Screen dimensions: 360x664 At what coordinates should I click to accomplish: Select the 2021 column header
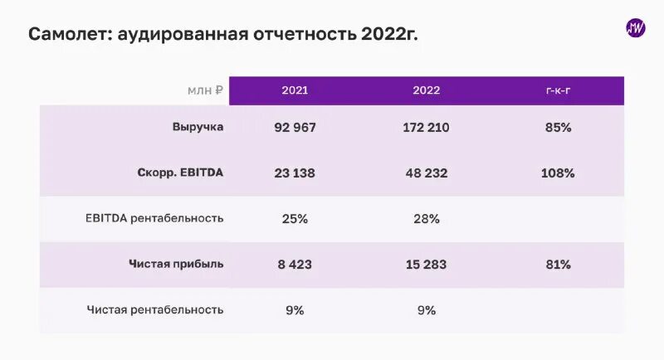tap(295, 90)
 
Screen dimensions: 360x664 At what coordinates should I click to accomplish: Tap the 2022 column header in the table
tap(426, 90)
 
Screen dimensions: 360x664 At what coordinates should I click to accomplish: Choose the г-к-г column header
tap(558, 90)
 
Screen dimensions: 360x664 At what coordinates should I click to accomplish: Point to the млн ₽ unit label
tap(204, 90)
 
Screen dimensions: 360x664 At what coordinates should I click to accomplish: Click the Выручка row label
tap(198, 128)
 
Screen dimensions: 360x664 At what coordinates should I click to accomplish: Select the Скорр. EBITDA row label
tap(180, 173)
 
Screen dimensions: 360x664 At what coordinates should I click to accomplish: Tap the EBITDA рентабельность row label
tap(154, 219)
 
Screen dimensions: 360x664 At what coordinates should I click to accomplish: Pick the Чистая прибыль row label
tap(176, 265)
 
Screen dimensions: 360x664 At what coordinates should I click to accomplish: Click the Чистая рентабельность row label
tap(155, 310)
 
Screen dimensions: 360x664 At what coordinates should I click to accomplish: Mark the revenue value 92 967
tap(295, 128)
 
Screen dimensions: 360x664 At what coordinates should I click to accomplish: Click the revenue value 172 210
tap(426, 128)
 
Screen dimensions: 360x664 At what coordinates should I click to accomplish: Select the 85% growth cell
tap(558, 128)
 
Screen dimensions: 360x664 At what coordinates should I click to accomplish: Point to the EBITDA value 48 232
tap(426, 173)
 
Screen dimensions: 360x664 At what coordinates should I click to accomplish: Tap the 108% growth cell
tap(558, 173)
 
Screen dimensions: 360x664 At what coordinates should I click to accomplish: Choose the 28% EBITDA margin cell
tap(426, 219)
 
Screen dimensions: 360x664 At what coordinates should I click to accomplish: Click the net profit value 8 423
tap(295, 265)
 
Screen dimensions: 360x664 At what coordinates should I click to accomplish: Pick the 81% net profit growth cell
tap(558, 265)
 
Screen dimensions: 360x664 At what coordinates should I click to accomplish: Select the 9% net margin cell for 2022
tap(426, 310)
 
